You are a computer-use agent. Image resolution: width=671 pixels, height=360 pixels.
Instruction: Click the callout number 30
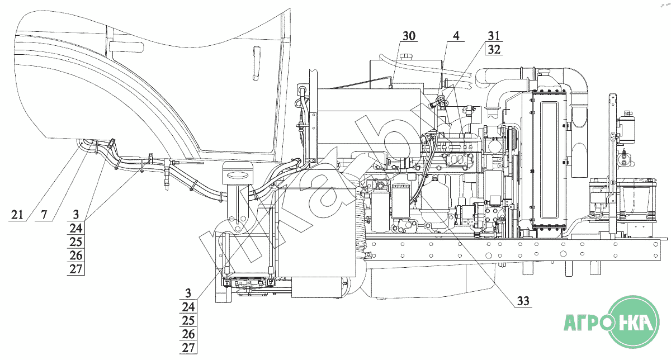409,36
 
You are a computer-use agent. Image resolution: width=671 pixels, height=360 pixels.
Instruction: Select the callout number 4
456,36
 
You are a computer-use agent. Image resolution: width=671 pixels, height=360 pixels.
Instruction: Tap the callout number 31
494,36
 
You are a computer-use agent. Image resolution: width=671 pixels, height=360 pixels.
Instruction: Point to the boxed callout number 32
494,49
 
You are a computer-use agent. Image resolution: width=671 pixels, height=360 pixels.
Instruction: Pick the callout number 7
44,214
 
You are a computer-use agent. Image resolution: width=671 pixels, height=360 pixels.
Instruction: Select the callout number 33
522,301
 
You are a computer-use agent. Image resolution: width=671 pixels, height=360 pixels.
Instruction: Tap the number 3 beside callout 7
76,214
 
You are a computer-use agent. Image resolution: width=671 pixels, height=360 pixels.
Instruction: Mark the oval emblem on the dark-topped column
238,176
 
